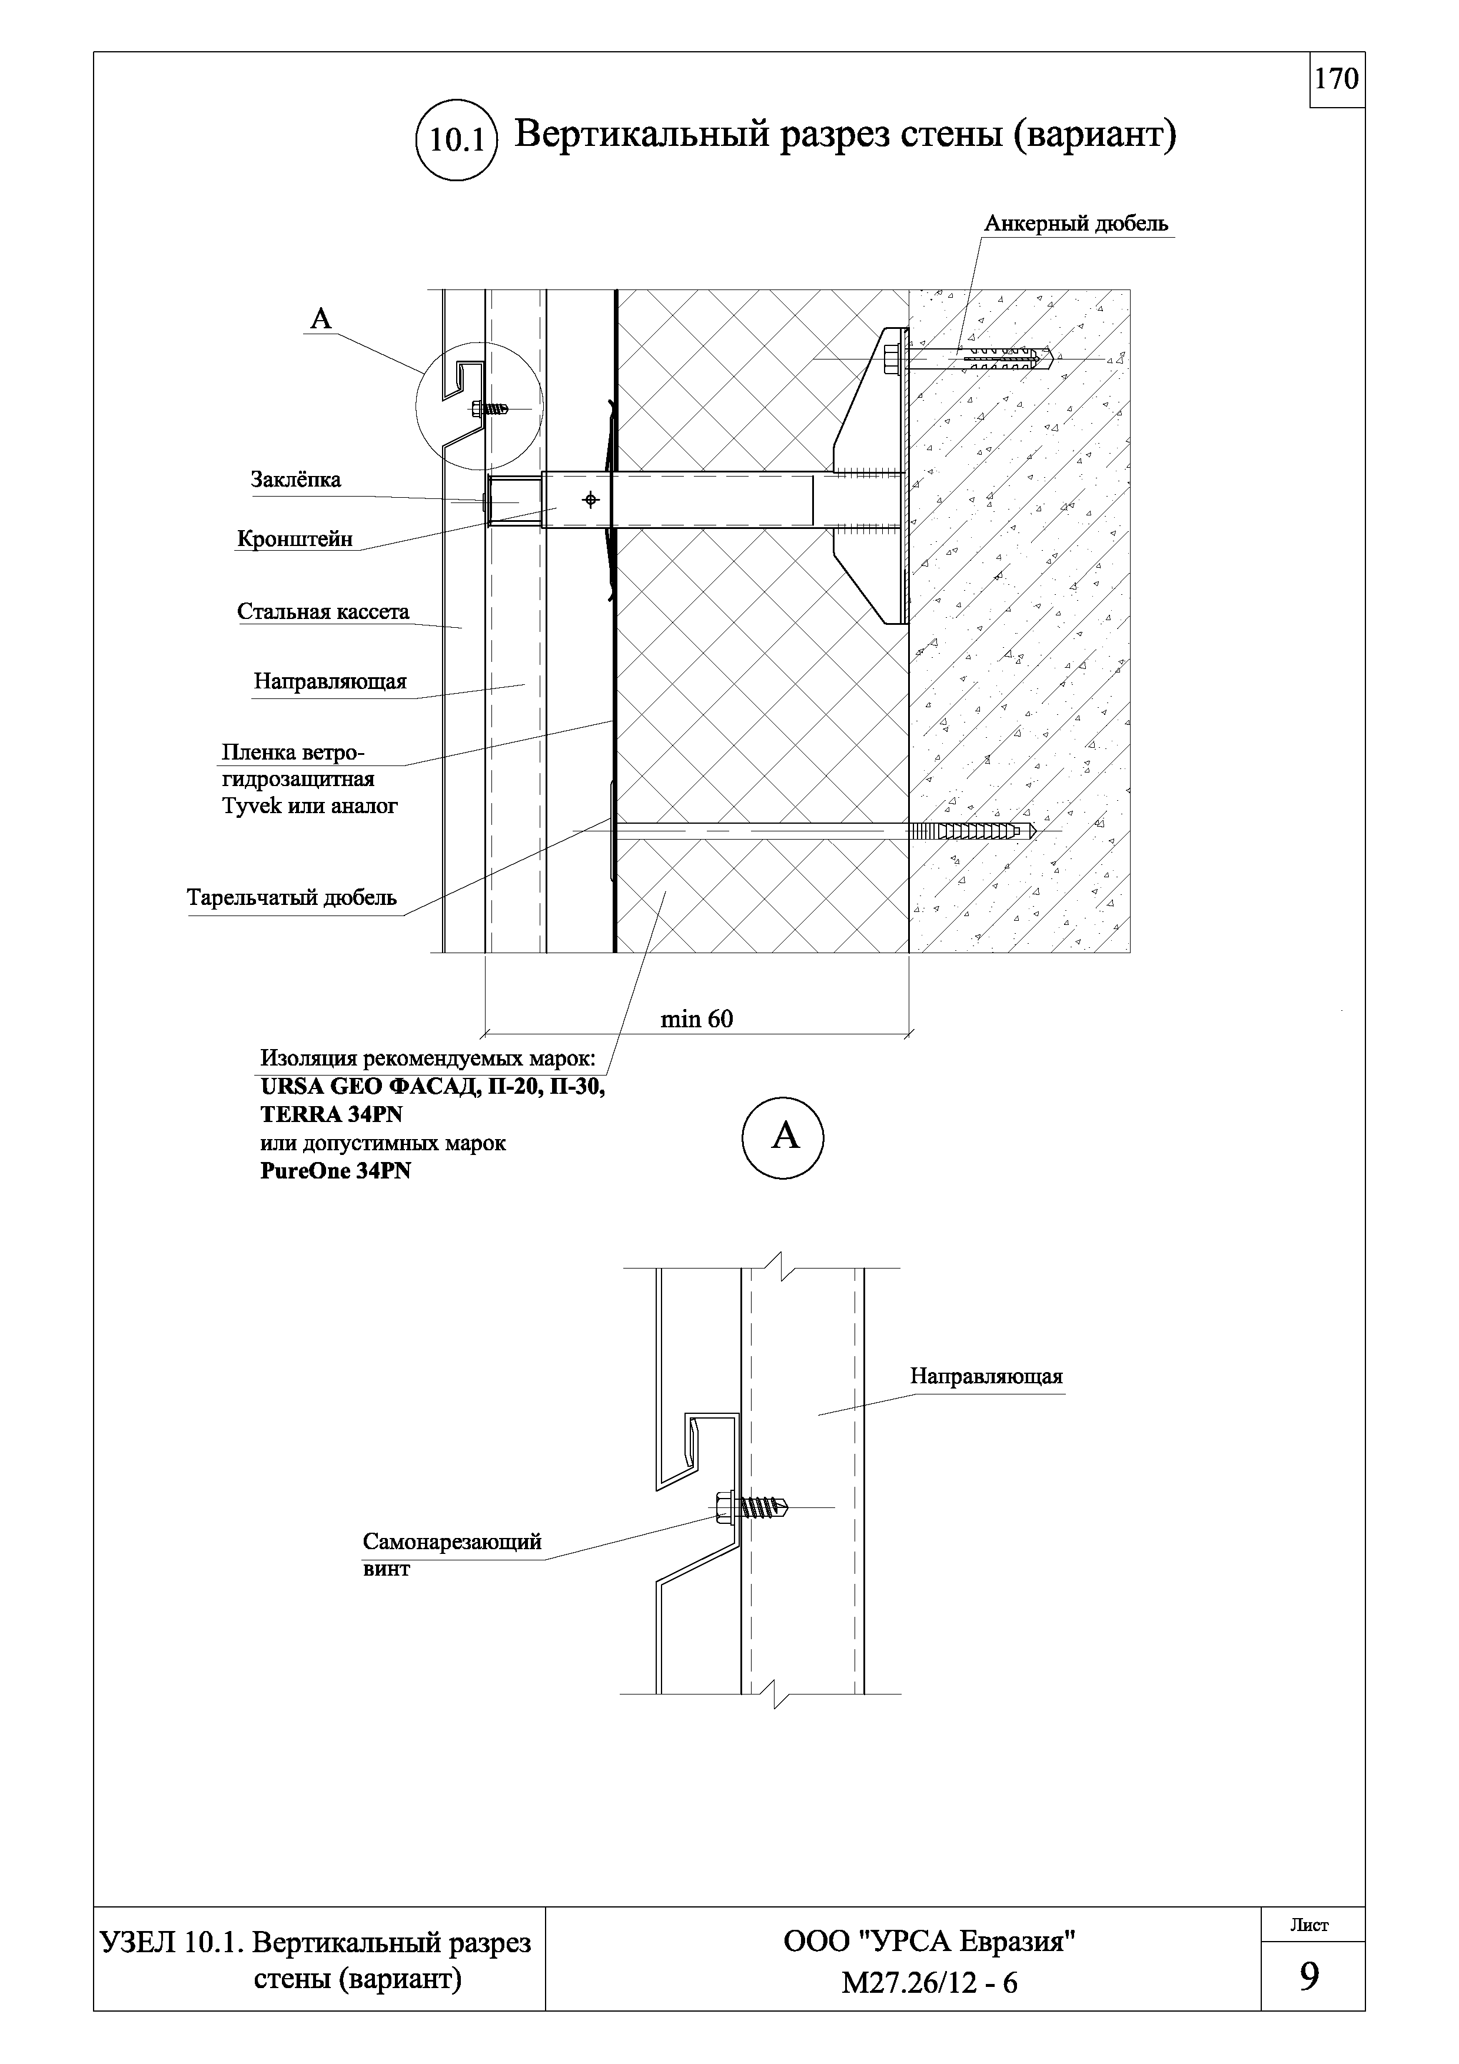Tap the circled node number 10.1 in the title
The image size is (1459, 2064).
(x=457, y=140)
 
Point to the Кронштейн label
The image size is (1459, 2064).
(x=295, y=540)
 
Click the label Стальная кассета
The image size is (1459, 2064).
(x=323, y=612)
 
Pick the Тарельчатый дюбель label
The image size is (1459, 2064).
(x=291, y=898)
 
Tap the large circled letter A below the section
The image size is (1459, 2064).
(x=784, y=1137)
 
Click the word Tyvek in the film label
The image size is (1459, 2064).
(x=251, y=807)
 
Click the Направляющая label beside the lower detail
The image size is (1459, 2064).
(x=986, y=1376)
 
